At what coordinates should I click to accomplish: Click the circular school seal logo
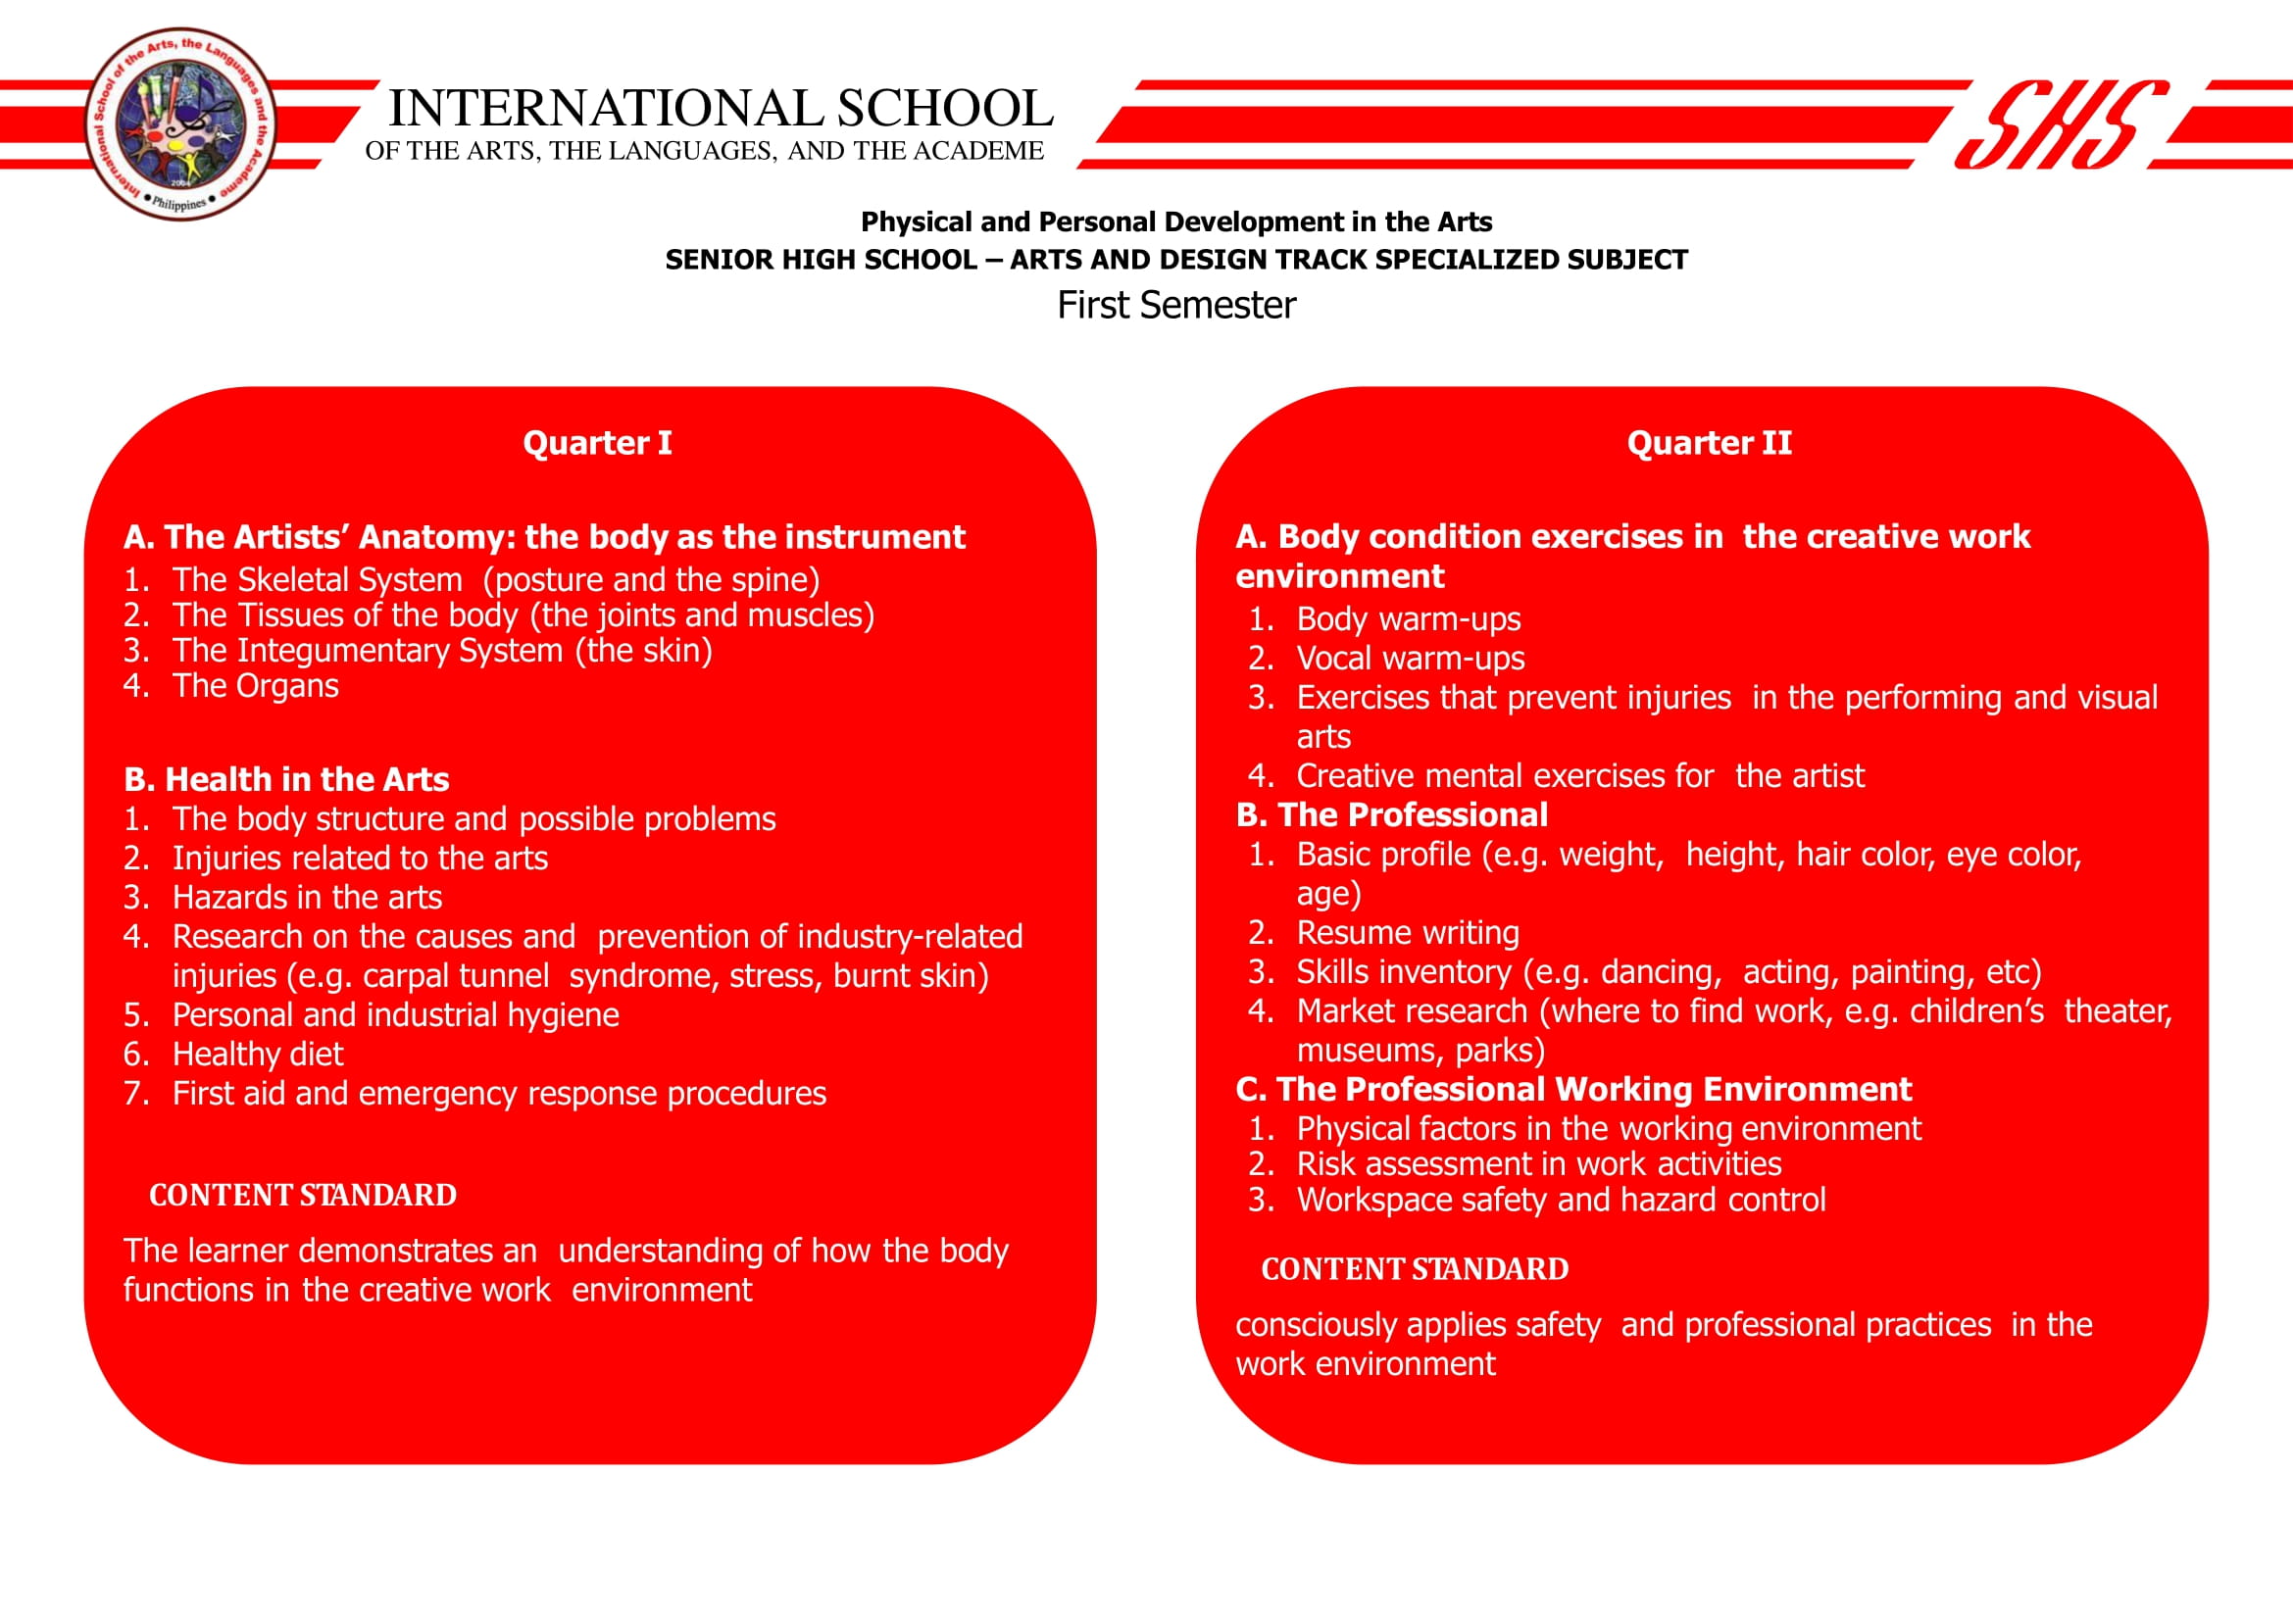point(181,123)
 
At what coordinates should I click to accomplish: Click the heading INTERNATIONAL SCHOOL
point(720,108)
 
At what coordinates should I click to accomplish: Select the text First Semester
point(1175,305)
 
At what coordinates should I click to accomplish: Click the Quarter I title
point(597,443)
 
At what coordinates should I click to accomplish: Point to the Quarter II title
point(1709,443)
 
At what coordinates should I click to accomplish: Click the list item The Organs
point(255,686)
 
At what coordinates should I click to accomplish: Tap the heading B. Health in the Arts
point(286,778)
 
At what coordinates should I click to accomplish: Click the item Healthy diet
point(257,1054)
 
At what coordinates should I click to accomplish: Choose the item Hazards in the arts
point(307,897)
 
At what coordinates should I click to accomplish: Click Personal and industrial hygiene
point(395,1014)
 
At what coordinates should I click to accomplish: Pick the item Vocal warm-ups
point(1410,658)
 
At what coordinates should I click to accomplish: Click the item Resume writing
point(1407,932)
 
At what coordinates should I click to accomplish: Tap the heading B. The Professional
point(1391,814)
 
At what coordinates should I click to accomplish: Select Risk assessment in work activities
point(1537,1163)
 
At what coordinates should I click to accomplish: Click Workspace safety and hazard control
point(1560,1200)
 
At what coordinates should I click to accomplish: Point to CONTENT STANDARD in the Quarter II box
point(1415,1269)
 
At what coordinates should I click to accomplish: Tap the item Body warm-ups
point(1408,618)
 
